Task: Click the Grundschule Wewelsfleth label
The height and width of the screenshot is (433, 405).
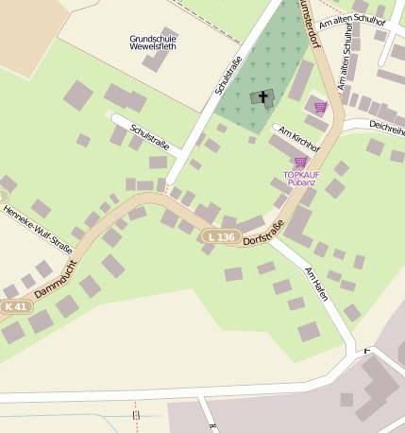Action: (152, 43)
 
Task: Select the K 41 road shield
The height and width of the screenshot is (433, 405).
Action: (15, 306)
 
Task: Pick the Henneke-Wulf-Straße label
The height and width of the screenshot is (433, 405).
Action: (38, 226)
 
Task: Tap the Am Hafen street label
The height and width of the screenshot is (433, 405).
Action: (319, 285)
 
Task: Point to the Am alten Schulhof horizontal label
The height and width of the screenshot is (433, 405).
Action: (352, 22)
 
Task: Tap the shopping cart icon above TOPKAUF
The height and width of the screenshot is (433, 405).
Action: (300, 163)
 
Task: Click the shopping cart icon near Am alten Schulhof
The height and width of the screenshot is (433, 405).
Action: (320, 107)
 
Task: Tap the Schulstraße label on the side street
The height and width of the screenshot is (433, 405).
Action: (149, 137)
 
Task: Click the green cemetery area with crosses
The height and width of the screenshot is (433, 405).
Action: (274, 57)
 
